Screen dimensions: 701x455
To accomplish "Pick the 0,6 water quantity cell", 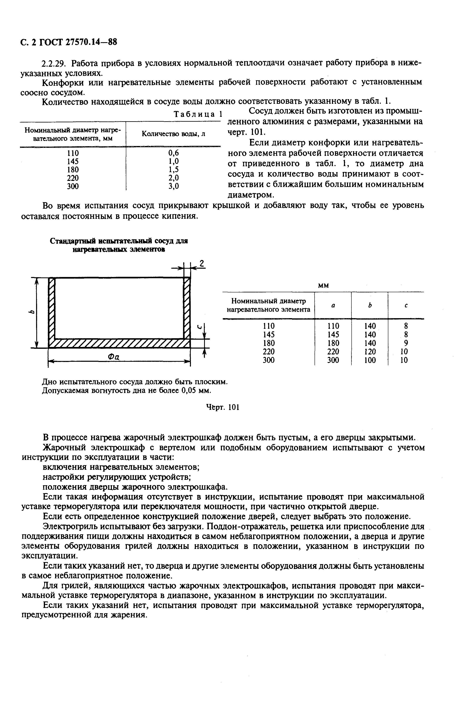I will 173,153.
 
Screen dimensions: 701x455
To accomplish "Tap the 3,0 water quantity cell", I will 173,186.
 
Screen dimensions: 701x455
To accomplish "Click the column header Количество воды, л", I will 173,134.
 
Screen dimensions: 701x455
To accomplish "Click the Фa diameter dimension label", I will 113,357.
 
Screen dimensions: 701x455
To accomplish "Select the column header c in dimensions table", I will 406,306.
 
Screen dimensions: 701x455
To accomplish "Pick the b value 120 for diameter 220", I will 370,351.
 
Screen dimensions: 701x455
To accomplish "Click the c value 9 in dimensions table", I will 406,343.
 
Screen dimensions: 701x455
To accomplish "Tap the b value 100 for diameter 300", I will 370,360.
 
